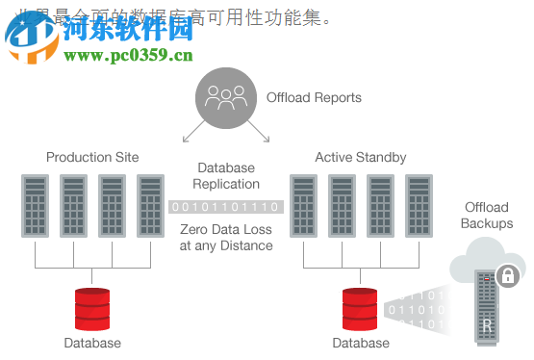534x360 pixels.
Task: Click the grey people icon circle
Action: [226, 97]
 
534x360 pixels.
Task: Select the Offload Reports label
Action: [314, 97]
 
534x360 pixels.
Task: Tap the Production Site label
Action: [92, 157]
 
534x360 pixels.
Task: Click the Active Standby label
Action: [361, 157]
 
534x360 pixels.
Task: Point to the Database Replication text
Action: [226, 176]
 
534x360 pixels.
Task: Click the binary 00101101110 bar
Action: [226, 207]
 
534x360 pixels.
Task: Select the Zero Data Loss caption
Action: [226, 237]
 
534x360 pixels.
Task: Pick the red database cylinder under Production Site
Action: [93, 308]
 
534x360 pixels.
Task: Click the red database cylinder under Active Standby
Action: [361, 308]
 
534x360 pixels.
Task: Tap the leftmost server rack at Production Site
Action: [35, 205]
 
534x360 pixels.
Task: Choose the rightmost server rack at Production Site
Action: [150, 205]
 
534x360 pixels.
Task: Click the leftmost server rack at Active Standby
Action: [303, 205]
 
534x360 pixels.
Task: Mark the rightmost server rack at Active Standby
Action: [419, 205]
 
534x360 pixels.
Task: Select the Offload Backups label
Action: [487, 216]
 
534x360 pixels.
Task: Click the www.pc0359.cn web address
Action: [128, 55]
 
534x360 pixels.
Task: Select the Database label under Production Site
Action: [92, 343]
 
